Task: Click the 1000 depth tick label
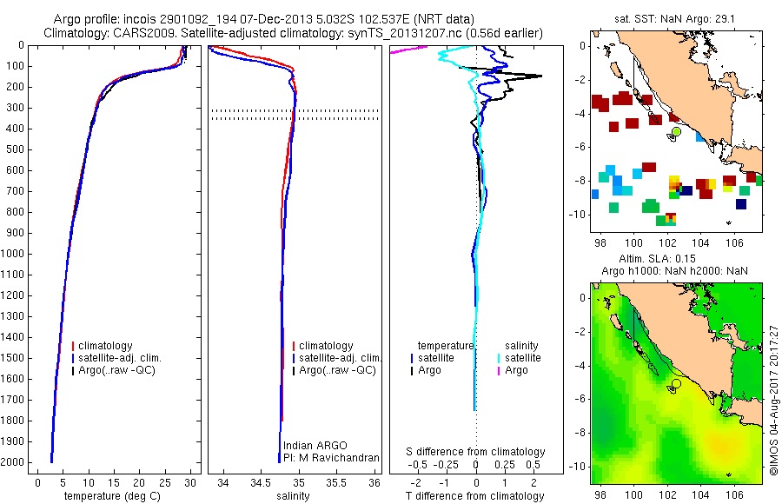click(12, 254)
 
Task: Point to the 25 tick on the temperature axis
click(164, 482)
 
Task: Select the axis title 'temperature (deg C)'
click(112, 496)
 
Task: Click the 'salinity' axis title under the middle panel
click(293, 496)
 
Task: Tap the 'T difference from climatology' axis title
click(474, 496)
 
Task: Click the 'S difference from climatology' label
click(475, 452)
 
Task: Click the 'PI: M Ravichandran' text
click(331, 458)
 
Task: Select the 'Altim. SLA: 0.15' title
click(657, 258)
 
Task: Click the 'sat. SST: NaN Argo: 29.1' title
click(675, 19)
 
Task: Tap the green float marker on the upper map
click(676, 131)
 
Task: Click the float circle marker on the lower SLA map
click(676, 384)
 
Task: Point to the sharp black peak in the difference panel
click(540, 76)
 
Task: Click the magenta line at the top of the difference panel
click(409, 50)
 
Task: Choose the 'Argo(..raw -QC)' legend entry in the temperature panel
click(114, 370)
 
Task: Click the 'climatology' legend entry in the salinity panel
click(323, 345)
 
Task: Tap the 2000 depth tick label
click(12, 462)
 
